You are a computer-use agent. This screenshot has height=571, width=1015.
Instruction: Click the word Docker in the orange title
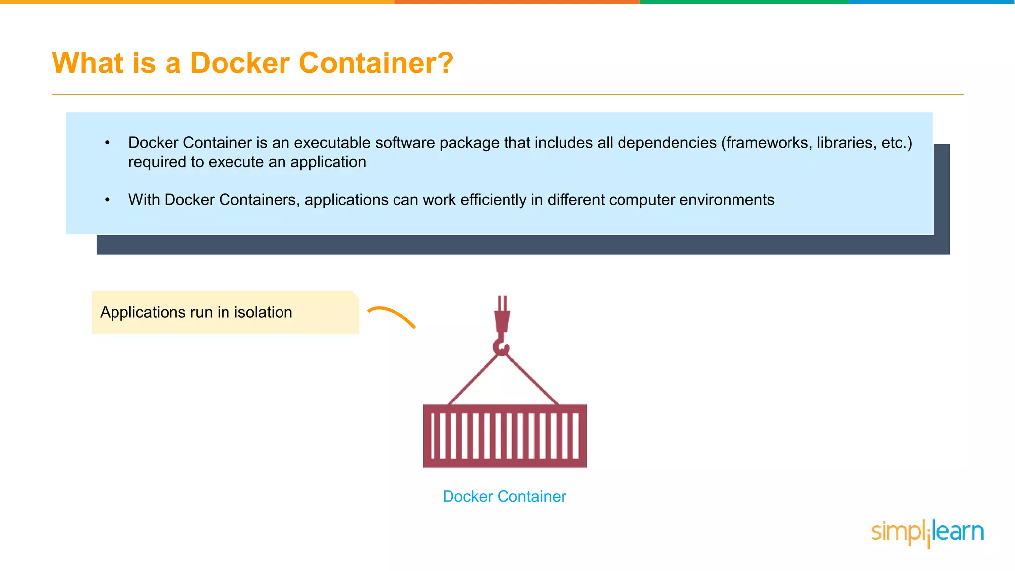click(240, 63)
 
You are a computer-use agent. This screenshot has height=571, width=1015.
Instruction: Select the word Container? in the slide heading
click(376, 63)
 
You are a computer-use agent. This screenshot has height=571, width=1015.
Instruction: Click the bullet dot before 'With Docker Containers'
click(107, 200)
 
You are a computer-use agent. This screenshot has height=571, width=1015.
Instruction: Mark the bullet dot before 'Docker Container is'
click(107, 143)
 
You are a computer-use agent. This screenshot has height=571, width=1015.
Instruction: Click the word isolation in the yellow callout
click(263, 312)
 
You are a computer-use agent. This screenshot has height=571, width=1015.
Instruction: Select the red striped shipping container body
click(505, 436)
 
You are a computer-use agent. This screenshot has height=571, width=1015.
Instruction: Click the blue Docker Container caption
click(504, 496)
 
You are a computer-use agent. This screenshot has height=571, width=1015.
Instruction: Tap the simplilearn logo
click(927, 532)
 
